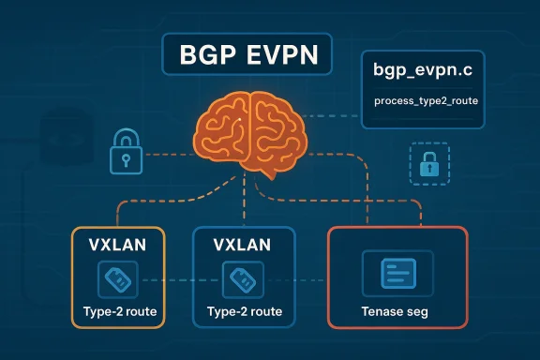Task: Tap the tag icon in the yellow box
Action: coord(117,277)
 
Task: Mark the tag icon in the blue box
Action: coord(237,277)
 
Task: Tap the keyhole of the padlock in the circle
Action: coord(125,157)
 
